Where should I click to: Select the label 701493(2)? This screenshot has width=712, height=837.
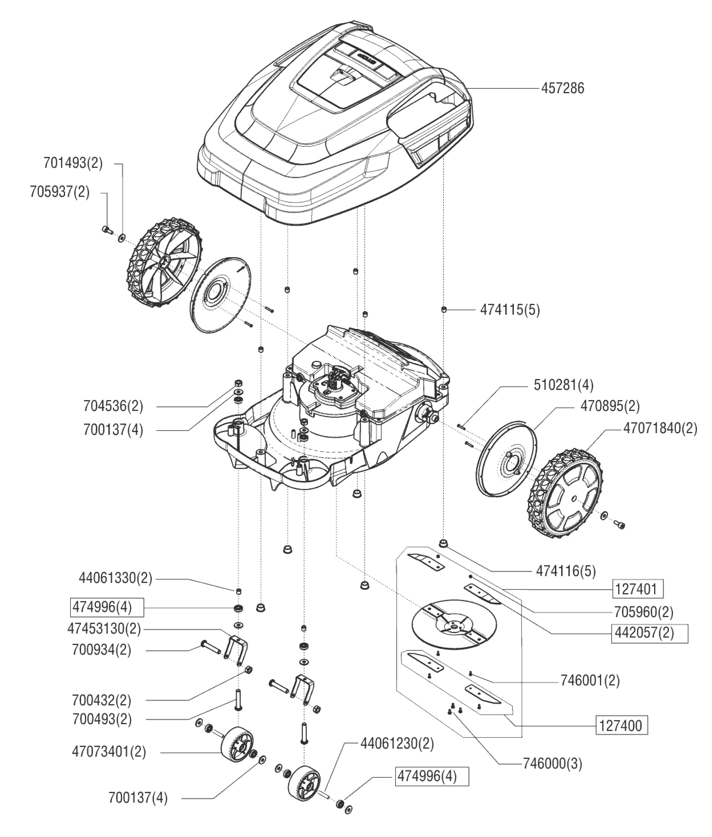point(73,163)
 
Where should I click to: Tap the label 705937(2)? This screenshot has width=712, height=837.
point(60,192)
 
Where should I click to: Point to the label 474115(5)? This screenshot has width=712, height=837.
point(510,310)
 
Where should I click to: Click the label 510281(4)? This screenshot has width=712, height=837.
point(563,385)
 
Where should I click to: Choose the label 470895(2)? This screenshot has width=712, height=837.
point(610,406)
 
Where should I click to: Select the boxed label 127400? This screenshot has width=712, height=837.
point(621,726)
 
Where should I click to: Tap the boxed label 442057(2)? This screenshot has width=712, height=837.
point(645,633)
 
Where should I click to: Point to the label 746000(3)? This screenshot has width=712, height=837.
point(552,764)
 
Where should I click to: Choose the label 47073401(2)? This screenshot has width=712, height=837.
point(109,752)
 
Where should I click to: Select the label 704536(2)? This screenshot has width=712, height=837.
point(113,406)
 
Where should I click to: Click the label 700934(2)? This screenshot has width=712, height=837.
point(102,650)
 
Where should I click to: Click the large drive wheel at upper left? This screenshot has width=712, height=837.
point(163,263)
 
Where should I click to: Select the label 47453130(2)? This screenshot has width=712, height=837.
point(104,629)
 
